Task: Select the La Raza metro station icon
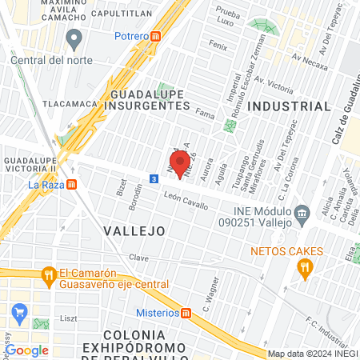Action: (72, 184)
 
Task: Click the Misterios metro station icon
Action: (186, 312)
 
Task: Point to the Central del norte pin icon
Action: (75, 37)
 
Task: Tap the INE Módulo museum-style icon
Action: (302, 213)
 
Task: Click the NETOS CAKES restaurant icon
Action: (304, 270)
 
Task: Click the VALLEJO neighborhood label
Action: (134, 230)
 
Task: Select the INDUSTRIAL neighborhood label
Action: (289, 106)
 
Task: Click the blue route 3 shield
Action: (153, 178)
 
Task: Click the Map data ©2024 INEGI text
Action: (311, 354)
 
